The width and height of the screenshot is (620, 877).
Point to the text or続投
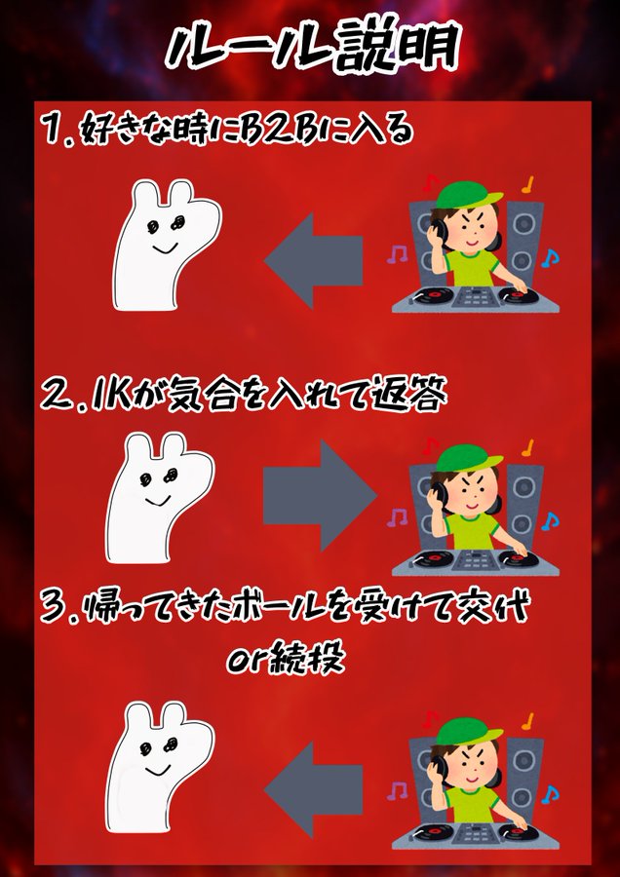click(285, 660)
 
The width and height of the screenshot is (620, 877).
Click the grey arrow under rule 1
click(313, 260)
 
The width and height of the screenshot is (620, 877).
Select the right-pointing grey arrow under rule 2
click(320, 495)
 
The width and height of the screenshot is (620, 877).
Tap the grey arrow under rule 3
click(313, 789)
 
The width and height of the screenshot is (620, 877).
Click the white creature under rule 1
click(166, 245)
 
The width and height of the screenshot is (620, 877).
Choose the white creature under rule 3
click(159, 767)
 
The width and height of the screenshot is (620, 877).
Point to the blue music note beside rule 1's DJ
click(550, 258)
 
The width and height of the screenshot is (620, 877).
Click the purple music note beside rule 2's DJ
click(398, 517)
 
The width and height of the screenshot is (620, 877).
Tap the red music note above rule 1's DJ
click(430, 183)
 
